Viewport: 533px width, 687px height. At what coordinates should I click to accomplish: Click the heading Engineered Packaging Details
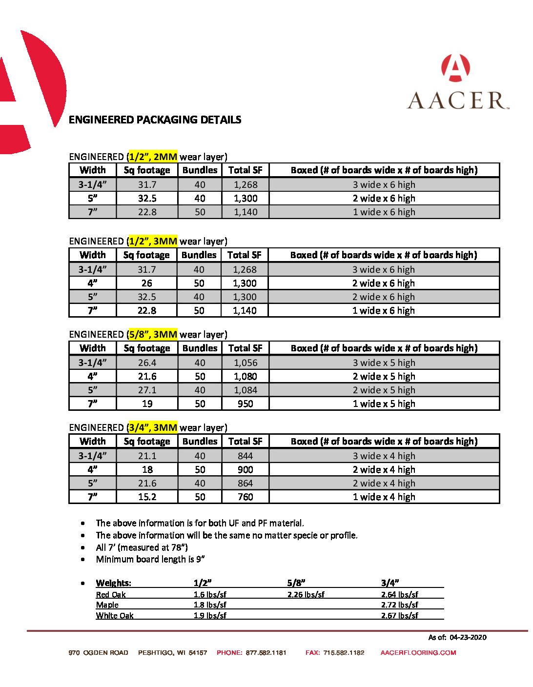[155, 120]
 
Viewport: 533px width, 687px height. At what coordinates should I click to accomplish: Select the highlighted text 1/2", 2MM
[152, 157]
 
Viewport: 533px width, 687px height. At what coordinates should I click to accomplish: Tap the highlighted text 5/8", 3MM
[152, 334]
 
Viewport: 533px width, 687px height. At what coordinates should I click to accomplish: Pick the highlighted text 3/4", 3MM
[152, 427]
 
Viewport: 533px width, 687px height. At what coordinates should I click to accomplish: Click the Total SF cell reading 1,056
[245, 363]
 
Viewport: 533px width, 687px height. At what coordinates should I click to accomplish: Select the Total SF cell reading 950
[245, 404]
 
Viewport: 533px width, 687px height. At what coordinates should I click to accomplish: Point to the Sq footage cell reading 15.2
[147, 497]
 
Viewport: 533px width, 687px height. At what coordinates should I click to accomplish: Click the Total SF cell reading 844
[245, 456]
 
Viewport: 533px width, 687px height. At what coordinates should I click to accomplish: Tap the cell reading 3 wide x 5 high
[384, 363]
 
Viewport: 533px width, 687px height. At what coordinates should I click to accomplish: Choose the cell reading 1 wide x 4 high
[384, 497]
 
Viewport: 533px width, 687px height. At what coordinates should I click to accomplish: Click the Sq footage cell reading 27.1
[147, 390]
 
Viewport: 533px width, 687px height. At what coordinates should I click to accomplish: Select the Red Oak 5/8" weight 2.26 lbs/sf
[306, 594]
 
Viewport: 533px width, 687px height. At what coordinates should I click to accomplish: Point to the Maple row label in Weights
[107, 605]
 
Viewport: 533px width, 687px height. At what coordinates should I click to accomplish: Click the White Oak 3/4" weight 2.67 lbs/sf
[399, 615]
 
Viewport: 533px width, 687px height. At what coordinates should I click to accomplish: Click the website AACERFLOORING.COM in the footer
[418, 652]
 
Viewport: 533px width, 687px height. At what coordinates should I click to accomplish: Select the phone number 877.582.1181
[266, 652]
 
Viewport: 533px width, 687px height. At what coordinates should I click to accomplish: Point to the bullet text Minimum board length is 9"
[150, 559]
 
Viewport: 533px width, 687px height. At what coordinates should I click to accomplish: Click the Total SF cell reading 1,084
[245, 390]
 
